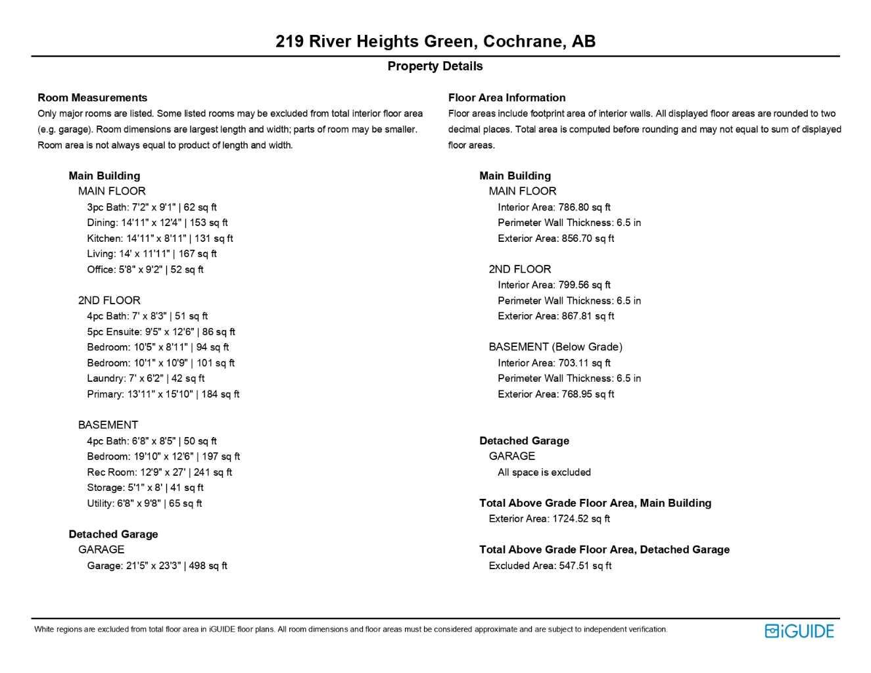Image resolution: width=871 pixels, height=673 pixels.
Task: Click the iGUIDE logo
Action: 799,631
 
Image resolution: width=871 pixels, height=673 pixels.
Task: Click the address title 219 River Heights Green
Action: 435,41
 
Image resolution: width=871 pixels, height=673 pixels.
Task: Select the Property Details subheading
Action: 435,66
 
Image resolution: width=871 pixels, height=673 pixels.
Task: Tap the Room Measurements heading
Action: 92,98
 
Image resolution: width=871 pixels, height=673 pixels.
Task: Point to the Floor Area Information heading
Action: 506,98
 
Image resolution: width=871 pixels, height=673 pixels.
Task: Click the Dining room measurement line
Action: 157,223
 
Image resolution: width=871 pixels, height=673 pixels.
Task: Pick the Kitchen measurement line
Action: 160,239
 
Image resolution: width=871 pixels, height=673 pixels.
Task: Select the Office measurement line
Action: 145,269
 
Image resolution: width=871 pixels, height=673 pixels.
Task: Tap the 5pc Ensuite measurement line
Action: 161,332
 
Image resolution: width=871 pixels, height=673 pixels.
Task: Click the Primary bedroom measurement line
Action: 163,394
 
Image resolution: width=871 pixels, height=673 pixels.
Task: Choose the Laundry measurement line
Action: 145,379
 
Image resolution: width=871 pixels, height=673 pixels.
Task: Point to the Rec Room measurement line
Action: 159,473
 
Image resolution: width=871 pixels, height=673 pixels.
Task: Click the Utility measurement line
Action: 145,503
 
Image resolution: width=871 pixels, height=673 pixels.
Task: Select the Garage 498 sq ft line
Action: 157,566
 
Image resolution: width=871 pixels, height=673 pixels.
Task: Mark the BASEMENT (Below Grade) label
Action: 555,347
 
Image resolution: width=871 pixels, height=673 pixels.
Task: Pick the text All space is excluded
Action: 544,473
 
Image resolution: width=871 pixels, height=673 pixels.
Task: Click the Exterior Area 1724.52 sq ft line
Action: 549,519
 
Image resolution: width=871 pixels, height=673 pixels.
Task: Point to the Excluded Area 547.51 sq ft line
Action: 550,566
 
